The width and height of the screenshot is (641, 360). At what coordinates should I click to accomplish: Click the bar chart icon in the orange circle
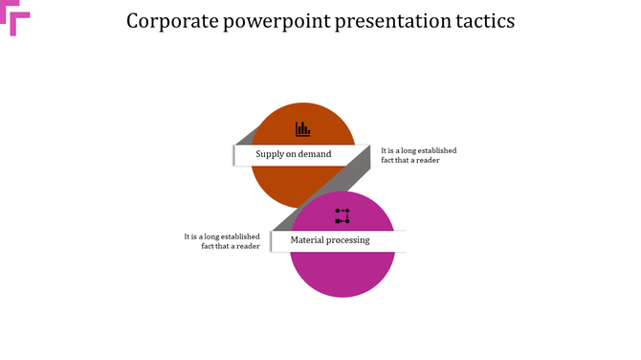click(x=302, y=128)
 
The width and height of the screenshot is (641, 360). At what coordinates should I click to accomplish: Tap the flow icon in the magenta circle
click(x=343, y=215)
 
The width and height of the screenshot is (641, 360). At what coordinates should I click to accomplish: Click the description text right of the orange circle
click(x=417, y=155)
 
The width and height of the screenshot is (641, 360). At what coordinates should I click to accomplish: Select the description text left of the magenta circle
click(x=223, y=241)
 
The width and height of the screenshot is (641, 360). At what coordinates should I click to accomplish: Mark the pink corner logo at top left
click(x=18, y=19)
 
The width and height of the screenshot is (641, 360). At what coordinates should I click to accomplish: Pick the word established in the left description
click(x=236, y=236)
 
